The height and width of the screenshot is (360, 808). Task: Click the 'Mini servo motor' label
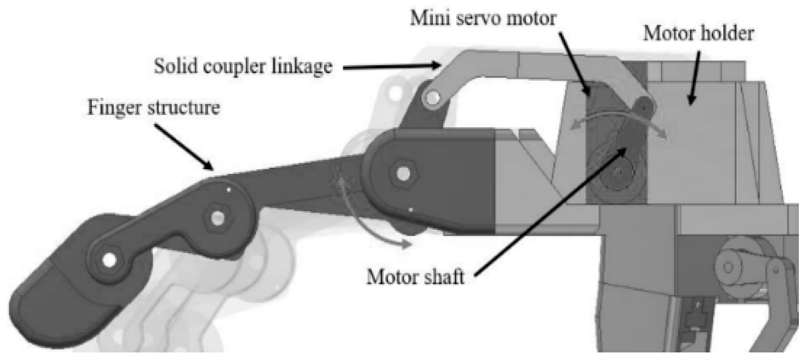click(483, 19)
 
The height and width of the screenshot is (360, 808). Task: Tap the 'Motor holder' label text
click(698, 34)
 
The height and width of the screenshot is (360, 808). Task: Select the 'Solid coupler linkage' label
click(243, 66)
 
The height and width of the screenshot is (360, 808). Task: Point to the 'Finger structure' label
click(153, 108)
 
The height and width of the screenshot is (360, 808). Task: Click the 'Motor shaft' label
click(415, 277)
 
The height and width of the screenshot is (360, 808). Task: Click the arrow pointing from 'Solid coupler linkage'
click(389, 66)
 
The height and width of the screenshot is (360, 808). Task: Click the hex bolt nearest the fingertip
click(109, 260)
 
